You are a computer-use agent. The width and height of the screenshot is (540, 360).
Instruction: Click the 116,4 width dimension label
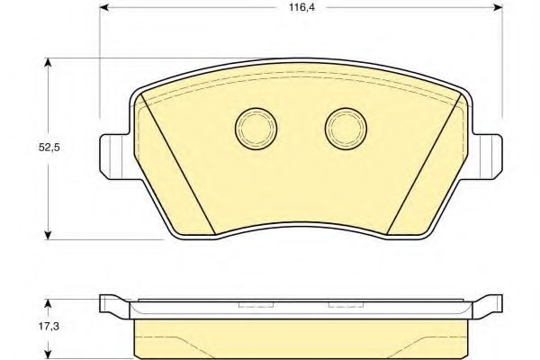pyautogui.click(x=301, y=7)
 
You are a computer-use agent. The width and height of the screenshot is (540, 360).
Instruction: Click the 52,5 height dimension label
pyautogui.click(x=49, y=148)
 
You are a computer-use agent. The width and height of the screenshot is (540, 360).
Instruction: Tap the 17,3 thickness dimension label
pyautogui.click(x=49, y=326)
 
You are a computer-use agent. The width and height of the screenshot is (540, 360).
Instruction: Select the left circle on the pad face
pyautogui.click(x=256, y=129)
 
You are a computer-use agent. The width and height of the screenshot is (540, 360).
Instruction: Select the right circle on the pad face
pyautogui.click(x=346, y=129)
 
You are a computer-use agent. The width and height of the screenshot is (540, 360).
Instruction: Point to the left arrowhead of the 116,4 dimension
pyautogui.click(x=104, y=7)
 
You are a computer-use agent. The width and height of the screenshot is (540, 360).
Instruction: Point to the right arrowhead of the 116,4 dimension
pyautogui.click(x=498, y=7)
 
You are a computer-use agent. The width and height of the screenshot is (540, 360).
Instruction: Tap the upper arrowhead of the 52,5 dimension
pyautogui.click(x=49, y=62)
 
